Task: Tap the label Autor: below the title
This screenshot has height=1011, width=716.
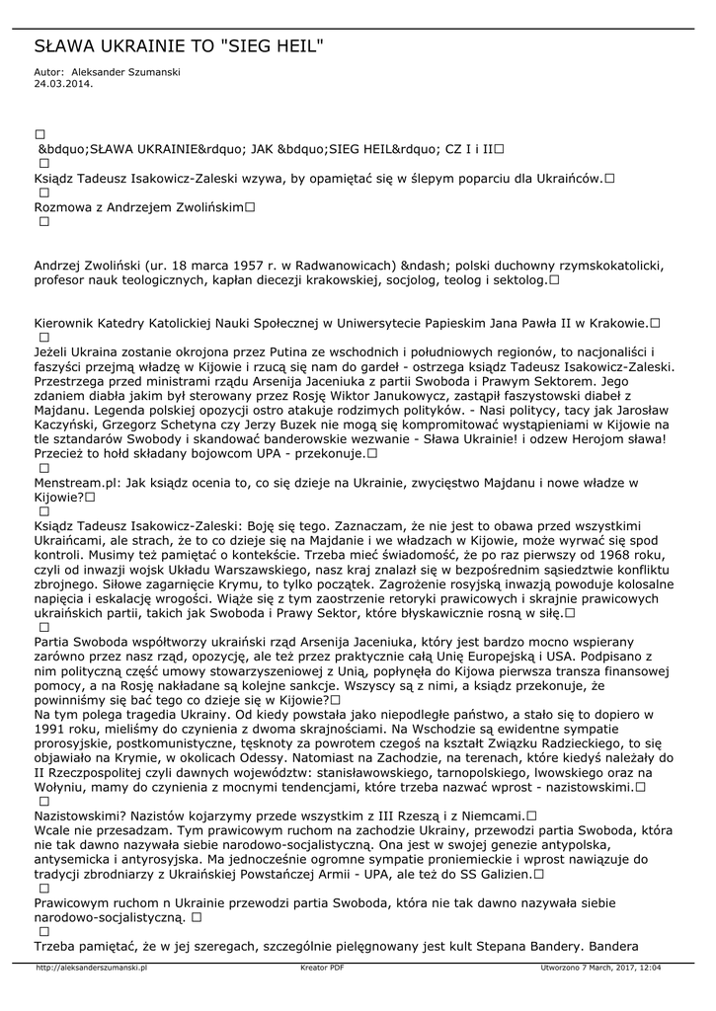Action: (48, 72)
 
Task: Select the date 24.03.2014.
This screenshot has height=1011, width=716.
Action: (63, 84)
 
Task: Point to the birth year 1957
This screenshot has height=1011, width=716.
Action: (251, 267)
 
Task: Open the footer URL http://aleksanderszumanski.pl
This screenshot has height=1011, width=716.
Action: (91, 969)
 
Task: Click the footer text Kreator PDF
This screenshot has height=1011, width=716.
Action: (322, 969)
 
